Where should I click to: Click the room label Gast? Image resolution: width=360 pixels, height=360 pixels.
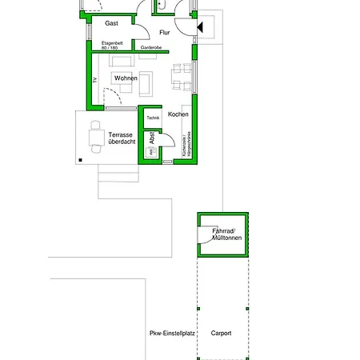pyautogui.click(x=111, y=24)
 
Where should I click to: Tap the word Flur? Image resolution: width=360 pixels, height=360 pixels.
pyautogui.click(x=165, y=33)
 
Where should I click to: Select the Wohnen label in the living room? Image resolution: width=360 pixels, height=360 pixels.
pyautogui.click(x=125, y=78)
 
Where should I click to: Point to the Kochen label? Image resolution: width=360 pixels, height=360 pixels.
pyautogui.click(x=178, y=114)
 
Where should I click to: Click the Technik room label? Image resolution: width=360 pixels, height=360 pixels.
pyautogui.click(x=153, y=118)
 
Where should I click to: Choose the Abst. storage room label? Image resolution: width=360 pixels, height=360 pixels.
pyautogui.click(x=152, y=138)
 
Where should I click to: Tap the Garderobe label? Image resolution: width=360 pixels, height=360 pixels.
pyautogui.click(x=151, y=48)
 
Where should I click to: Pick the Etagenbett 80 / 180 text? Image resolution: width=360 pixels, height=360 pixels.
pyautogui.click(x=111, y=46)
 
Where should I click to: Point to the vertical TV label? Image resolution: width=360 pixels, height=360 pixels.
pyautogui.click(x=94, y=80)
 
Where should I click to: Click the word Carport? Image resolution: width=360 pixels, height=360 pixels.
pyautogui.click(x=221, y=333)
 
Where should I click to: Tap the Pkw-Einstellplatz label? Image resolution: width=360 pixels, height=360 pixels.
pyautogui.click(x=171, y=333)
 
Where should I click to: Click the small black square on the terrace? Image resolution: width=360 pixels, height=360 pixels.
pyautogui.click(x=81, y=160)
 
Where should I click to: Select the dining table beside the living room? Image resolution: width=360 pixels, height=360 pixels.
pyautogui.click(x=182, y=78)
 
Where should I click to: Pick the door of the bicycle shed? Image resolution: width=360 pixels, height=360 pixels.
pyautogui.click(x=206, y=234)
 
